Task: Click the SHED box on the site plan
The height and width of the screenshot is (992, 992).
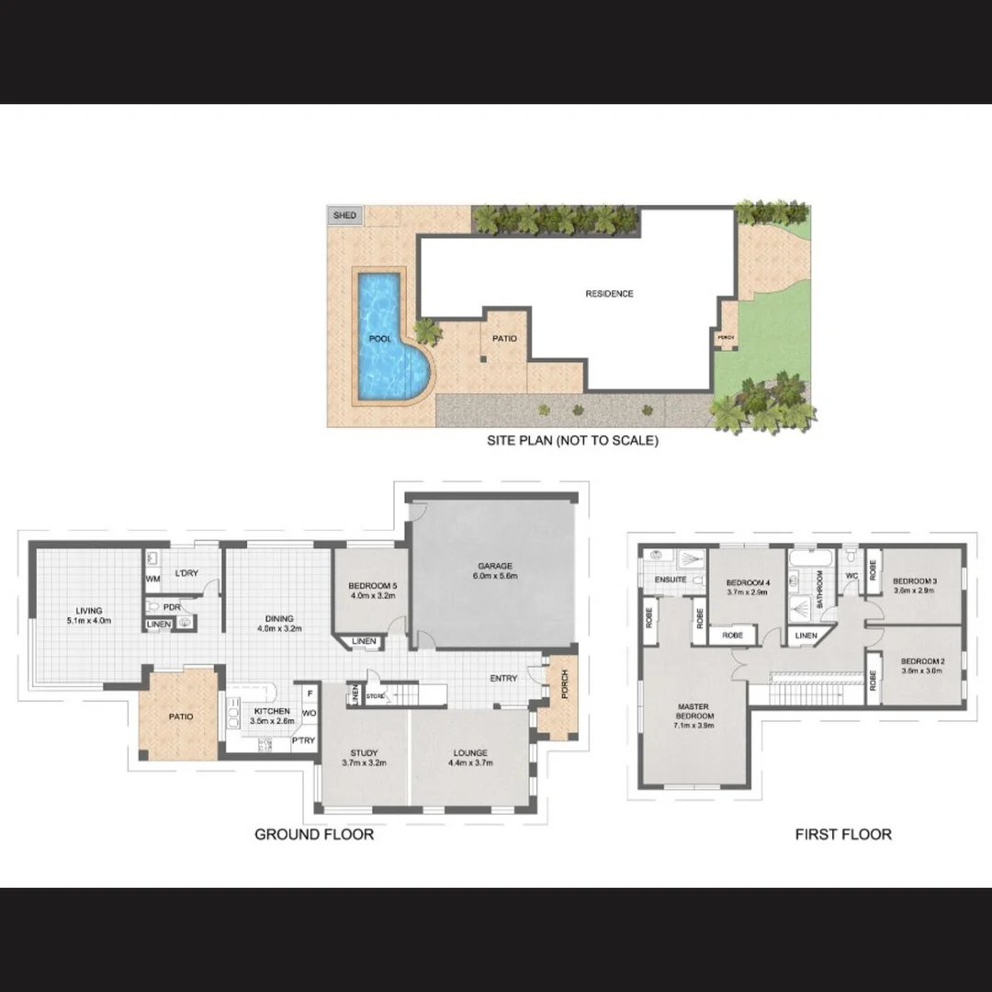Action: coord(344,216)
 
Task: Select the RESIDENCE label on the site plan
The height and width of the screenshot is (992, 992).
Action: coord(609,294)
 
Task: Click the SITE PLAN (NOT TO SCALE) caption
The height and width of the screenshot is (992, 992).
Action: coord(572,441)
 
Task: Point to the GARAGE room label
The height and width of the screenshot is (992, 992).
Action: coord(494,566)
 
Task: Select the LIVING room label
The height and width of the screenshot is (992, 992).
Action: coord(89,611)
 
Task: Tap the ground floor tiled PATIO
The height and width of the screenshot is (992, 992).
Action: coord(180,716)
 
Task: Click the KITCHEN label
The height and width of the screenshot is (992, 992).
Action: coord(272,711)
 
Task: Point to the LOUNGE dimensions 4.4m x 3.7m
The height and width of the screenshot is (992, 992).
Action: coord(469,763)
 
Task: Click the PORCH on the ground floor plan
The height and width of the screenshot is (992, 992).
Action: coord(558,694)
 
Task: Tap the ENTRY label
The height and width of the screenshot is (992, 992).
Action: coord(503,679)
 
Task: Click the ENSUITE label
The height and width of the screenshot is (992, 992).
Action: coord(671,580)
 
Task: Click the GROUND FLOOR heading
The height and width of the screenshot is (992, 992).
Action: coord(314,835)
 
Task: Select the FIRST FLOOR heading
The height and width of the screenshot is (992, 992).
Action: coord(843,835)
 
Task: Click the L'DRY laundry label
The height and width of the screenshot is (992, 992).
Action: coord(186,573)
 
